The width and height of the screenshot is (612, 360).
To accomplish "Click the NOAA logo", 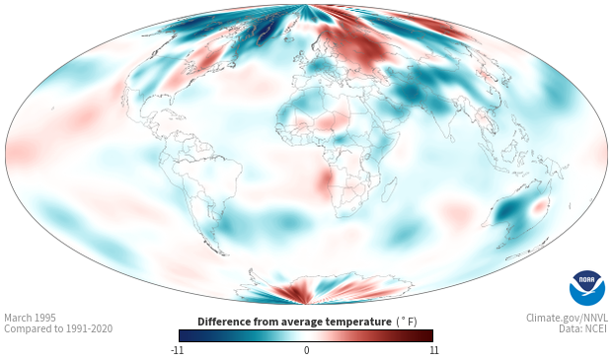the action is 587,288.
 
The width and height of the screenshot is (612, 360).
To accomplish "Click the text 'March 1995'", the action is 30,318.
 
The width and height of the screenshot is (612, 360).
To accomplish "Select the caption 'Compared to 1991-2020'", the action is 58,328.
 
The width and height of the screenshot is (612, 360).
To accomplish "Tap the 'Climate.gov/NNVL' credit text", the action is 567,318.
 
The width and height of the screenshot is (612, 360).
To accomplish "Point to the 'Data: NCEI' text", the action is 583,328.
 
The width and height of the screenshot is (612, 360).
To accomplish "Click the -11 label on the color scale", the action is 178,350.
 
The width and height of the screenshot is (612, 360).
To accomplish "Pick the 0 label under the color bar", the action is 306,350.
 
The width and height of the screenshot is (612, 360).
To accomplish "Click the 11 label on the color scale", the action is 433,350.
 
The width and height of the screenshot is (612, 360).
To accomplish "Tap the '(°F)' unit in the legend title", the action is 407,322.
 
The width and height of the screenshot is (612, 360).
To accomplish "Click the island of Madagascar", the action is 389,190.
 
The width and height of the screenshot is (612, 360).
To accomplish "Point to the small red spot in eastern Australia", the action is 539,207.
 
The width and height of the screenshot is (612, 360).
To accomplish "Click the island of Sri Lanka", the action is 451,138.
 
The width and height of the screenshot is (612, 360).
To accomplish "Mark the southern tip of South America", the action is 224,254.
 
